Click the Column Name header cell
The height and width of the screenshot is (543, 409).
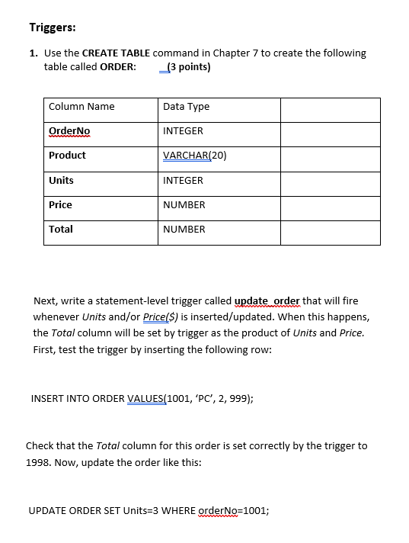[x=81, y=107]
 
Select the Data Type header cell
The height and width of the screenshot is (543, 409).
[x=186, y=107]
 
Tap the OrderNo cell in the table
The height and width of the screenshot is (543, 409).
[x=69, y=131]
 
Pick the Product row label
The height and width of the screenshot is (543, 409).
[x=67, y=156]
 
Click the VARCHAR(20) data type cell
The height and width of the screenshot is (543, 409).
[x=195, y=156]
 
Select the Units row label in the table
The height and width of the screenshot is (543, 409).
[x=61, y=181]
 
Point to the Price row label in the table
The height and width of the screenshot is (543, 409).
[x=60, y=205]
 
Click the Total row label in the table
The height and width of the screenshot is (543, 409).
[x=61, y=230]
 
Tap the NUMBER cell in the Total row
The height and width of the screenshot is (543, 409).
[x=184, y=230]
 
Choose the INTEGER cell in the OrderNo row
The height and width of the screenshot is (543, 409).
[x=183, y=131]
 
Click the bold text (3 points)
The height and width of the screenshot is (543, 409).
[x=187, y=66]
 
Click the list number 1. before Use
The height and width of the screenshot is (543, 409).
[x=34, y=53]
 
